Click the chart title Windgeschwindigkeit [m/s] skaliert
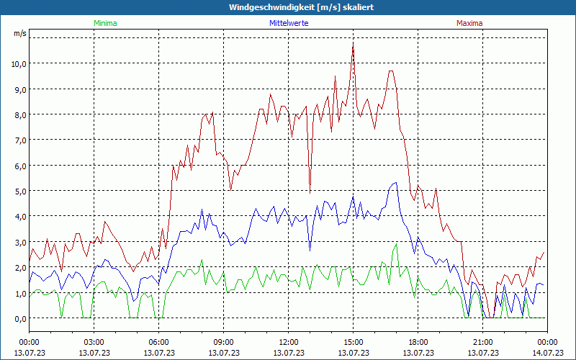tap(292, 7)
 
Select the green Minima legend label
tap(105, 23)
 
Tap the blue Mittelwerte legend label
tap(288, 23)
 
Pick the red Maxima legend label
tap(469, 23)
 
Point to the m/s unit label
tap(20, 33)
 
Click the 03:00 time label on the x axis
tap(94, 342)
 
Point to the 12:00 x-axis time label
tap(288, 342)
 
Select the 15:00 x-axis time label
tap(353, 342)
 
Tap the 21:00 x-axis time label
tap(482, 342)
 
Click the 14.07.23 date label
tap(547, 353)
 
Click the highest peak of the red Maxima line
tap(353, 43)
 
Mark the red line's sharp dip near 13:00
tap(310, 192)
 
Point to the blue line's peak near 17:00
tap(395, 182)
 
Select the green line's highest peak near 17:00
tap(396, 244)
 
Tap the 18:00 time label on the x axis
tap(418, 342)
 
